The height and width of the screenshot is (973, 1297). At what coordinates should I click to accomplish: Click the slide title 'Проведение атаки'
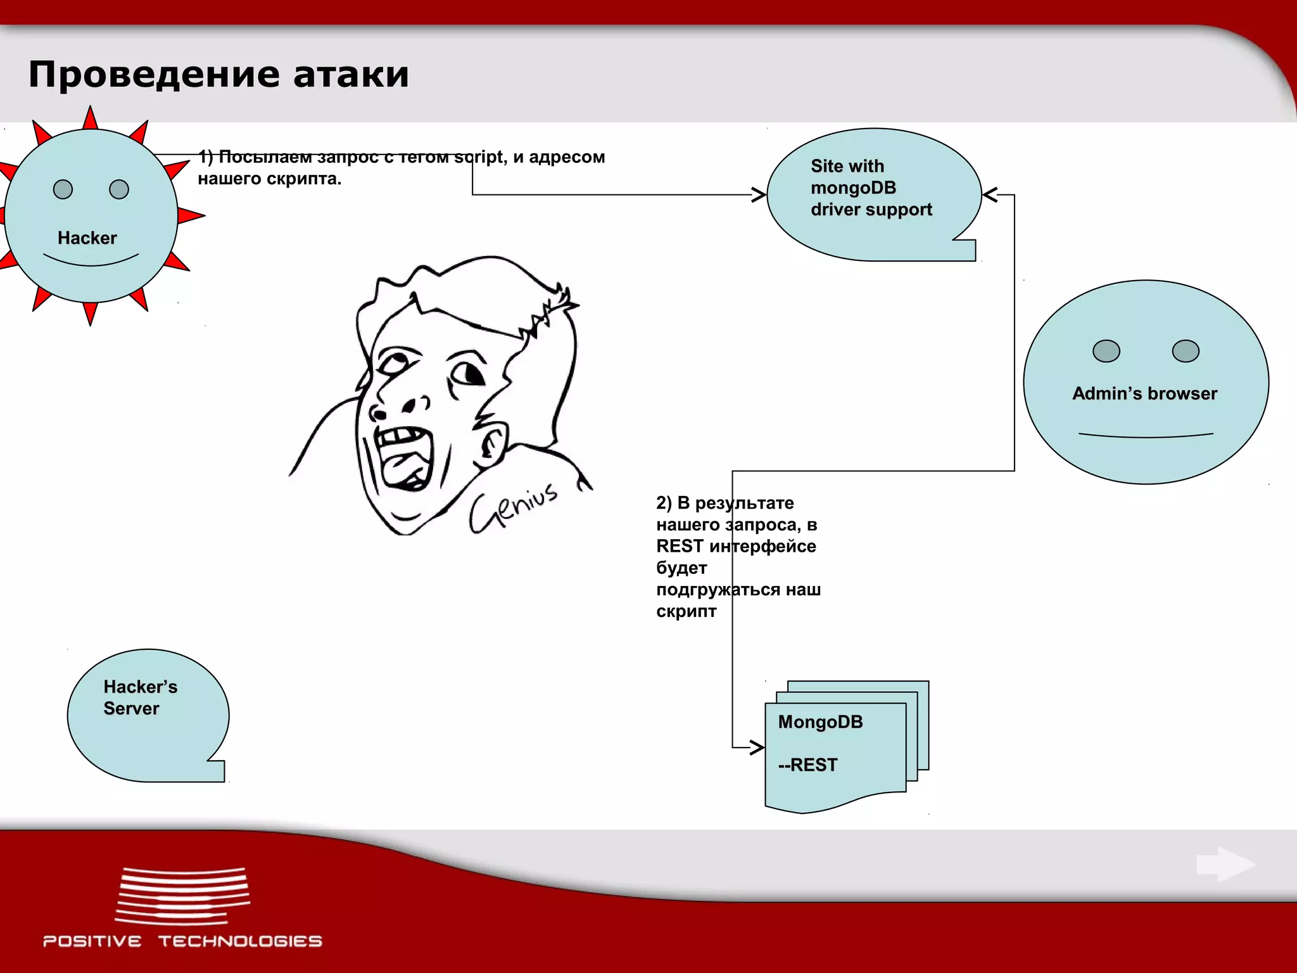click(218, 75)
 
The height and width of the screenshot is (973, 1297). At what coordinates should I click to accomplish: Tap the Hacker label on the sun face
click(87, 238)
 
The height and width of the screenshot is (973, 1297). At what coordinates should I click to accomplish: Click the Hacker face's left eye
click(63, 189)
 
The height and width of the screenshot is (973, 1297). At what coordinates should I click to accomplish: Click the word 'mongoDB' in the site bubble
click(853, 188)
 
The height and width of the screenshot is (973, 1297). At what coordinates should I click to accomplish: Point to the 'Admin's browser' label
click(1144, 393)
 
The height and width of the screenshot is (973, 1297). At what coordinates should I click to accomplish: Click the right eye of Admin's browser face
click(1185, 351)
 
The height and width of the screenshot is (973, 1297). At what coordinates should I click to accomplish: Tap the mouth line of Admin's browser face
click(1146, 435)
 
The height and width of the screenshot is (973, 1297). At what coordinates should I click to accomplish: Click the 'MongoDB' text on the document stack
click(820, 722)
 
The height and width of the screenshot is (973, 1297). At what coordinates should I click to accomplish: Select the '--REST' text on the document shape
click(807, 765)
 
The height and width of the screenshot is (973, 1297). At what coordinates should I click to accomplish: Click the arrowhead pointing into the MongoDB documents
click(757, 747)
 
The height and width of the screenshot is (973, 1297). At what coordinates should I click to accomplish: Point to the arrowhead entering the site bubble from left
click(758, 194)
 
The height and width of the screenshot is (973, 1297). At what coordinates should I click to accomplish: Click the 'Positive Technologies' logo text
click(182, 941)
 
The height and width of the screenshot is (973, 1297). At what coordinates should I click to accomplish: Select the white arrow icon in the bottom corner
click(1225, 865)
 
